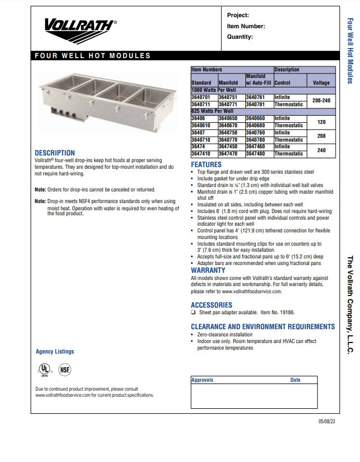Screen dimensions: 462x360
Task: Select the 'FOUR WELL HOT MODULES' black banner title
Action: [x=92, y=56]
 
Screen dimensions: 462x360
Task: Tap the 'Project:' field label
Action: [x=238, y=15]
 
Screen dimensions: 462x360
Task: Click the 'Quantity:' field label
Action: [x=240, y=37]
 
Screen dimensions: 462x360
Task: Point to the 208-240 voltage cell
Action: [x=321, y=101]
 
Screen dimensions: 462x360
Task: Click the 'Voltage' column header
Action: [x=321, y=83]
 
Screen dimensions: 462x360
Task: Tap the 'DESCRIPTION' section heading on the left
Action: [x=54, y=153]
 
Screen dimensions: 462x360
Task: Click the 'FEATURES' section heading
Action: [x=206, y=165]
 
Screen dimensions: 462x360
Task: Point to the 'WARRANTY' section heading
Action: [x=208, y=271]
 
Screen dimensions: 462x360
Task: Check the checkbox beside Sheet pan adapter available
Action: [x=193, y=313]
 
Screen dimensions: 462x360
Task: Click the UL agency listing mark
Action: [x=43, y=370]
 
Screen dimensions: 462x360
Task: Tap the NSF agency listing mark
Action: [x=65, y=370]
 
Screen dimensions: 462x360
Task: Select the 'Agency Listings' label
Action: [x=54, y=351]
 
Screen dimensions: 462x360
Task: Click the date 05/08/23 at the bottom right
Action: [x=327, y=422]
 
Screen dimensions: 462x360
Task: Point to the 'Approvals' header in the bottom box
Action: [x=202, y=380]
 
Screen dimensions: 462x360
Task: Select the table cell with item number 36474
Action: [x=198, y=147]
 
